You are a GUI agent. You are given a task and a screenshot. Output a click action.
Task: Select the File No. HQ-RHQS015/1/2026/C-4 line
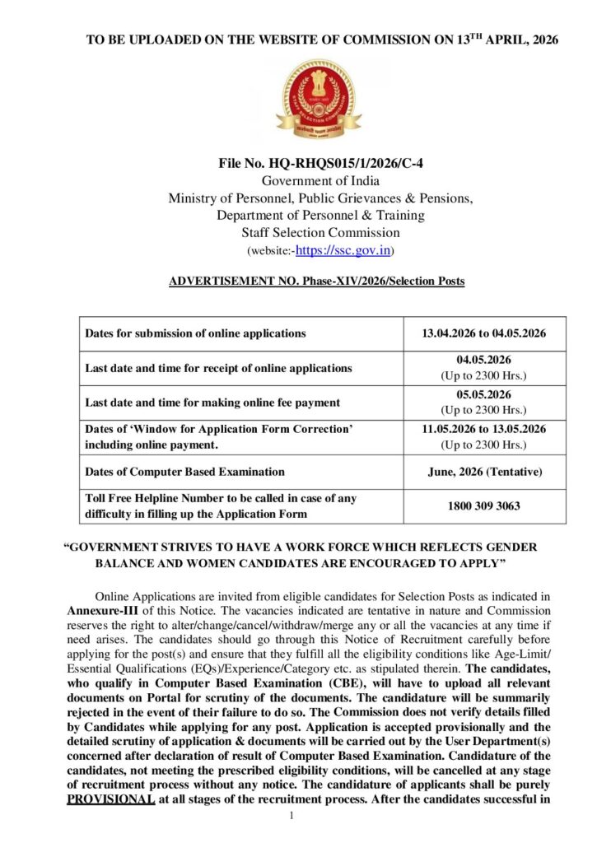[x=316, y=165]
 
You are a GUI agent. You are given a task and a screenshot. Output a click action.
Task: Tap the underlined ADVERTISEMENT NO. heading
[x=316, y=282]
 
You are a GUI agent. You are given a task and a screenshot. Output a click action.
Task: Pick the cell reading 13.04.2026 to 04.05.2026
[x=484, y=333]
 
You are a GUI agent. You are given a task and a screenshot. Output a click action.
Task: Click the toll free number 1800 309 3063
[x=484, y=506]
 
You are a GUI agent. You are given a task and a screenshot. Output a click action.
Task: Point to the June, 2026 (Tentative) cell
[x=484, y=472]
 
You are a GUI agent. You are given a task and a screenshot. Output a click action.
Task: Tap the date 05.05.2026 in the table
[x=484, y=395]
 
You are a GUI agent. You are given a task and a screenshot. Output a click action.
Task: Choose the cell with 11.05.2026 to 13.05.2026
[x=484, y=429]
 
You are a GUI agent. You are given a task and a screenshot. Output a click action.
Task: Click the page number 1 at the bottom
[x=292, y=816]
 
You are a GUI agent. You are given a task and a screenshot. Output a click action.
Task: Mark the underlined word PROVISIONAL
[x=110, y=799]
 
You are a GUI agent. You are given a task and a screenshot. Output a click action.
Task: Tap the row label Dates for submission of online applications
[x=195, y=333]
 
